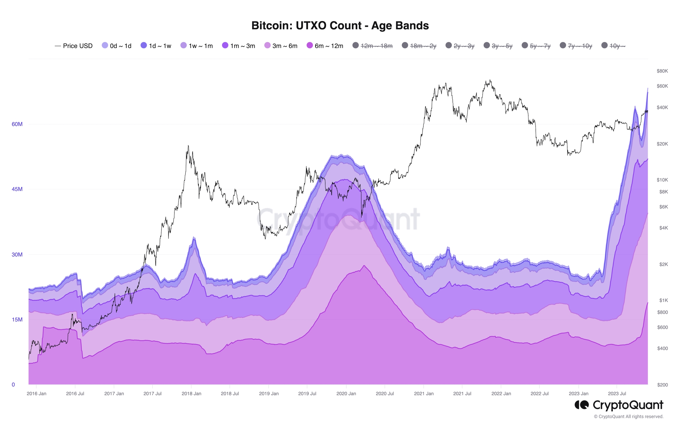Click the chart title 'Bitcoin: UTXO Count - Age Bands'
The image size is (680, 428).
[340, 25]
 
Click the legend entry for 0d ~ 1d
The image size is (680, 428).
[117, 46]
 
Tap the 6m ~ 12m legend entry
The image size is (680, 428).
[325, 46]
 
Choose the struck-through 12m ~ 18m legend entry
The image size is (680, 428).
[373, 46]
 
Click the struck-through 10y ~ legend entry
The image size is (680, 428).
[614, 46]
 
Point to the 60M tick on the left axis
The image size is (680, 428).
[17, 124]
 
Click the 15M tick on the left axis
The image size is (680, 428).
[17, 320]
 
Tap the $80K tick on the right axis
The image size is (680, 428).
[662, 71]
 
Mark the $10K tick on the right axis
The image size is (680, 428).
[662, 180]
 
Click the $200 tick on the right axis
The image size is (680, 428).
[662, 385]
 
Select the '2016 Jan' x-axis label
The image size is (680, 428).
[36, 393]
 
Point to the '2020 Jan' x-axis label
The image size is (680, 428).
[346, 393]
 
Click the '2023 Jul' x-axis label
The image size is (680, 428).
[617, 393]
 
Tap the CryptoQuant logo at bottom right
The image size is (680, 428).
[619, 405]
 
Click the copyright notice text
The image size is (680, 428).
[629, 416]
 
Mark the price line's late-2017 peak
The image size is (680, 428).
[188, 146]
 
